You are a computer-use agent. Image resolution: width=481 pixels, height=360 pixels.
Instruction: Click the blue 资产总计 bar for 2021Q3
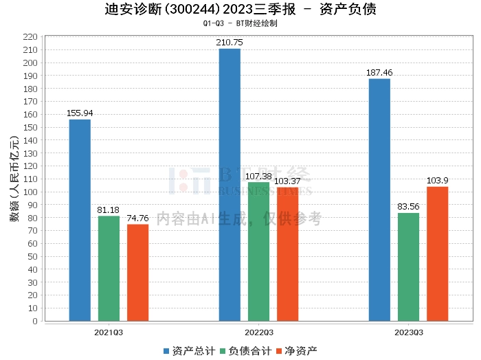[x=80, y=220]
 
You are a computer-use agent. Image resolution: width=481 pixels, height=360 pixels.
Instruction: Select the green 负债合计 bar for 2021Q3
[x=109, y=268]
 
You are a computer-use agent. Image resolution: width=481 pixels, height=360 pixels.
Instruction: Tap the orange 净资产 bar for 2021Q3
[x=137, y=272]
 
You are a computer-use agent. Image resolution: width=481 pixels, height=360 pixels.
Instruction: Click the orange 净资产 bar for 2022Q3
[x=287, y=254]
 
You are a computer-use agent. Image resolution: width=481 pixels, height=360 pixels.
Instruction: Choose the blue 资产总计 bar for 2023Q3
[x=379, y=199]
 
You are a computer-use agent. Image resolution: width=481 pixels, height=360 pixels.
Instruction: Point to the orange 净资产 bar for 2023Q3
[x=437, y=254]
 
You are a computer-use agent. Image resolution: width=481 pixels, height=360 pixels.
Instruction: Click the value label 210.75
[x=230, y=43]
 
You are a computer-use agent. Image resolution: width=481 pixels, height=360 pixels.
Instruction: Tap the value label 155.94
[x=80, y=113]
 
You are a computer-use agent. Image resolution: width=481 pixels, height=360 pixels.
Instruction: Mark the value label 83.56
[x=408, y=207]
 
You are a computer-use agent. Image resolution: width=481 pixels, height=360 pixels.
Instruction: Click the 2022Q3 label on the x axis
[x=258, y=333]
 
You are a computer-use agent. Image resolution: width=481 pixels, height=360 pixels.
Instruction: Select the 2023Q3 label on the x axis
[x=408, y=333]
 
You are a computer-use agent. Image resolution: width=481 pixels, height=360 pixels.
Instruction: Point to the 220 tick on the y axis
[x=31, y=36]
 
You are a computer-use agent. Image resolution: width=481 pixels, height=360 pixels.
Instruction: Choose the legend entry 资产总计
[x=187, y=350]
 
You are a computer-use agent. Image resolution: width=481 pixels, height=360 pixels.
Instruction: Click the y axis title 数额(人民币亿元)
[x=14, y=179]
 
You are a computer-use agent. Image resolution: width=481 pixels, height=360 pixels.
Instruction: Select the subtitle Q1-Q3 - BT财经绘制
[x=240, y=23]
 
